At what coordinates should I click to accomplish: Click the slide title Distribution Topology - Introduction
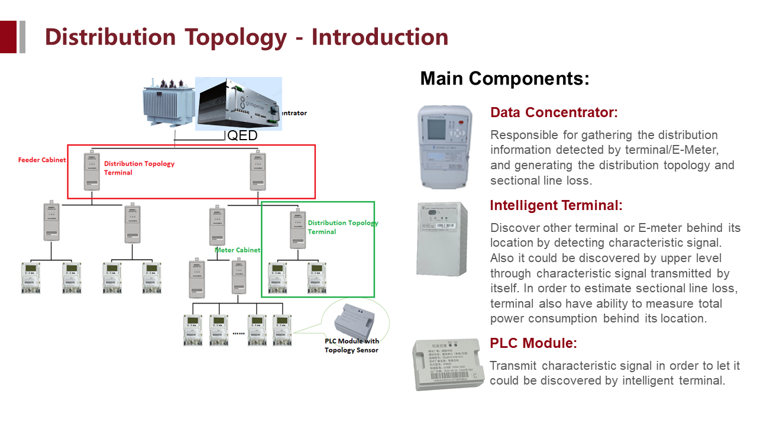pos(247,37)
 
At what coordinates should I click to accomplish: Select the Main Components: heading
pos(504,79)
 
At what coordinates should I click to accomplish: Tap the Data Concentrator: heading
pos(554,112)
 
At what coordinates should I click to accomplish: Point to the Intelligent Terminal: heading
pos(556,205)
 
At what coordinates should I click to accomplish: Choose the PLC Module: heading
pos(533,343)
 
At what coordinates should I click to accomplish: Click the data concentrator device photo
pos(445,146)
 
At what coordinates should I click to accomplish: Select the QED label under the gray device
pos(242,136)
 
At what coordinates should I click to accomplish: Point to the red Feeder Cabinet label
pos(42,160)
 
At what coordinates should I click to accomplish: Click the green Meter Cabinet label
pos(237,250)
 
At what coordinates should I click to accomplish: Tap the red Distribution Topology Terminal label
pos(139,168)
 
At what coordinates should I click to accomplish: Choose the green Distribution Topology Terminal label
pos(342,227)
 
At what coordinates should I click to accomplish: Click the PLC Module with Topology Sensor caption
pos(351,346)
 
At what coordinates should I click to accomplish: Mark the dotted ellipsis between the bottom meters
pos(238,333)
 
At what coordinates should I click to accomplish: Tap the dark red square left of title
pos(8,37)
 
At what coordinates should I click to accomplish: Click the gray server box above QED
pos(238,104)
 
